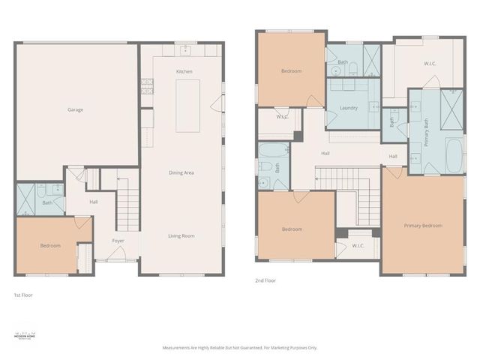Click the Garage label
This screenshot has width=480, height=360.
click(75, 110)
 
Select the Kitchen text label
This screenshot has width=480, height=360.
click(184, 71)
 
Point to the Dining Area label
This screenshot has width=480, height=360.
click(181, 172)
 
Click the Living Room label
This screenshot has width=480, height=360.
click(181, 235)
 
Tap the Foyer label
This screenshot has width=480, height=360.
click(118, 241)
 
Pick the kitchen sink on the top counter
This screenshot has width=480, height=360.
click(185, 50)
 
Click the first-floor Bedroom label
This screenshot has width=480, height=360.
click(50, 245)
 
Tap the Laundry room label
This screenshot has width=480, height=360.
click(348, 108)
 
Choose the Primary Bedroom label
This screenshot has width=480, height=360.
click(422, 226)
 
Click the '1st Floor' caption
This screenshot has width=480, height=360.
click(23, 295)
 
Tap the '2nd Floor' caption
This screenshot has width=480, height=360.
click(266, 280)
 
